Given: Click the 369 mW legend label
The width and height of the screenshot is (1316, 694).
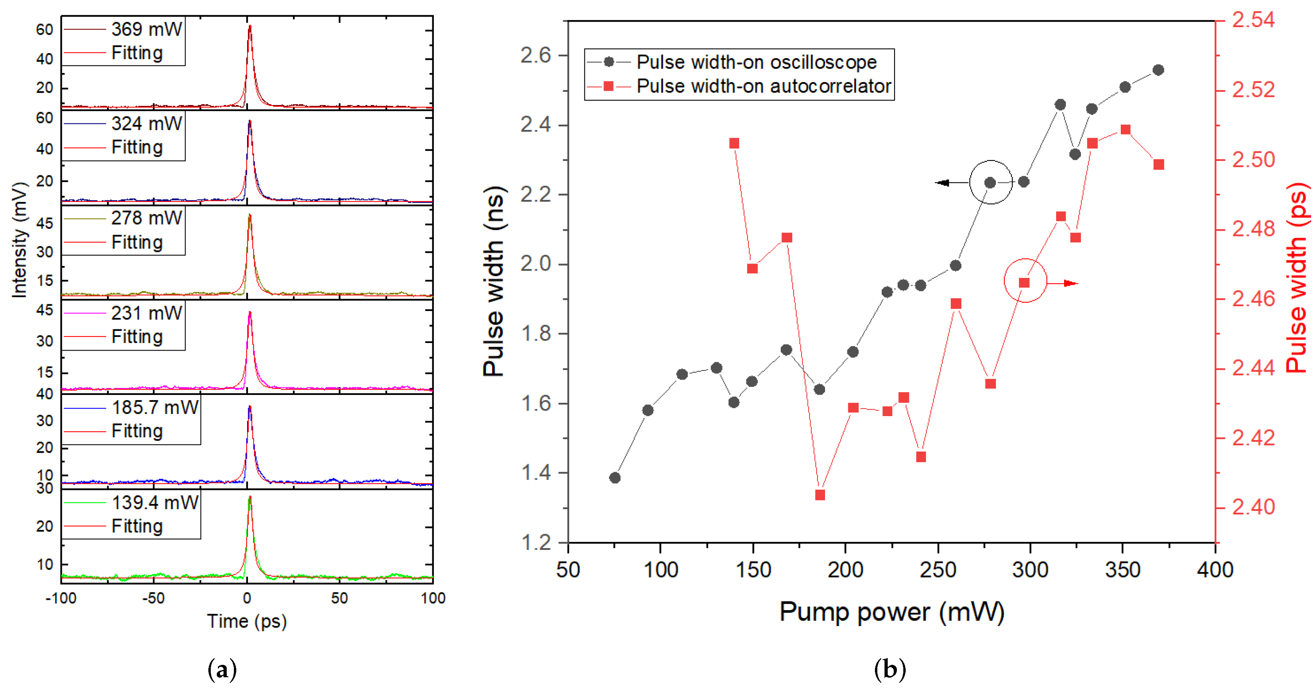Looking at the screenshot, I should point(146,29).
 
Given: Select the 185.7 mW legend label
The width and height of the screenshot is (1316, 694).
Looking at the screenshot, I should point(154,407).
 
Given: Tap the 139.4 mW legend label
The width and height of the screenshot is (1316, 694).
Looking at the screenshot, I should point(154,502).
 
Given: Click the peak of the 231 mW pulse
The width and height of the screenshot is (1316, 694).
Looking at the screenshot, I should point(249,312).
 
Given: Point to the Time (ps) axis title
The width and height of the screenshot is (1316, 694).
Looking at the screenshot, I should point(247,621).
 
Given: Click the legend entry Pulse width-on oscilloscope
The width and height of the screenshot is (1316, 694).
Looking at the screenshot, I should point(756,62).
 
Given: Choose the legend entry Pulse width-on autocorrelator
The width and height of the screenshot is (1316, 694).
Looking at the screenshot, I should point(763,86).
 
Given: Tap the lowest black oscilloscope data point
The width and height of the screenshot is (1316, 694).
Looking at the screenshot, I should point(615,477).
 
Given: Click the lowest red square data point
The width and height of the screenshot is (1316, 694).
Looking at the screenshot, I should point(820,495).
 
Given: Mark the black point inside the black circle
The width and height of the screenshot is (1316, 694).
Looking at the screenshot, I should point(990,182).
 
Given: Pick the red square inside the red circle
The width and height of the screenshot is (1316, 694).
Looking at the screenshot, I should point(1024,283).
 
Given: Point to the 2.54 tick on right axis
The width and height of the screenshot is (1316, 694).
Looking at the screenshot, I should point(1253,20).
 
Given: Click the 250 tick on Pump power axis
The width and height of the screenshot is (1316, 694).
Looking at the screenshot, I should point(938,569).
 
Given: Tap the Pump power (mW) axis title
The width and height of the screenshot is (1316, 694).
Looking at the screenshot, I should point(891,612).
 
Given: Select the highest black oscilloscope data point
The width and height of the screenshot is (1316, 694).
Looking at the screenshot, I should point(1158,70).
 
